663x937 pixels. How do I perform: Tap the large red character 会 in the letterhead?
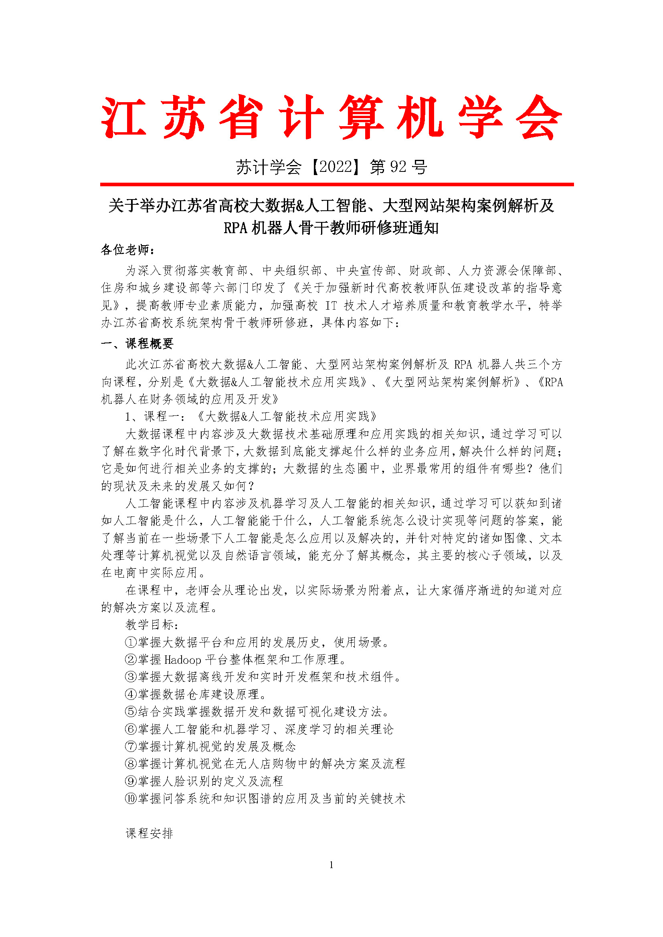coord(539,117)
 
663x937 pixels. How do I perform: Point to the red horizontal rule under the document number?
coord(337,184)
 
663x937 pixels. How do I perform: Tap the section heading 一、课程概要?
coord(137,344)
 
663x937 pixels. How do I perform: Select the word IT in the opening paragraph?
coord(331,306)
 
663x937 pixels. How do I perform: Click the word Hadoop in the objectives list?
coord(182,660)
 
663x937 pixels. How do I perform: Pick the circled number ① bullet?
coord(131,642)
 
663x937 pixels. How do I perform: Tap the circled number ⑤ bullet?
coord(131,712)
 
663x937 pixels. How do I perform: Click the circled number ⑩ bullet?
coord(131,799)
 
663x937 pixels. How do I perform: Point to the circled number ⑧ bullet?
coord(131,764)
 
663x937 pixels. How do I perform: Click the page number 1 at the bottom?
coord(331,864)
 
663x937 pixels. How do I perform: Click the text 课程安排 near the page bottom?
coord(150,833)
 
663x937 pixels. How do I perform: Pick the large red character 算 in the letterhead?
coord(361,117)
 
